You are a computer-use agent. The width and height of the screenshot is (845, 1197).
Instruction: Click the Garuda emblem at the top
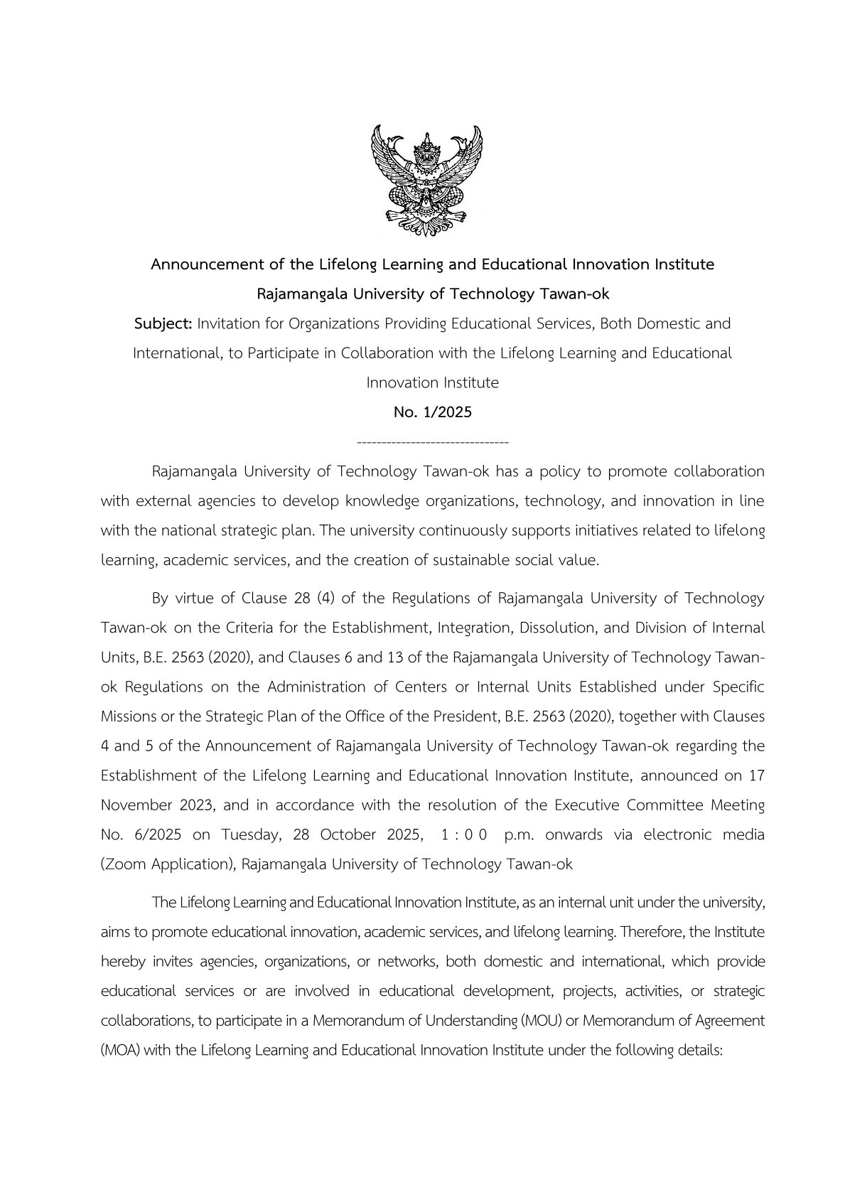(x=426, y=181)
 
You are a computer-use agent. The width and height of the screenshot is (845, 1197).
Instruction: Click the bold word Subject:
(x=163, y=324)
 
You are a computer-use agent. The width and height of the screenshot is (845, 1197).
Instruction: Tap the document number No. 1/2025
(x=432, y=412)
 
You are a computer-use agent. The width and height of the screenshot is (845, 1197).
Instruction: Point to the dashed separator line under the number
(x=432, y=443)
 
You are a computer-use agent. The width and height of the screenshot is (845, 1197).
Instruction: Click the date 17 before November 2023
(x=756, y=775)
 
